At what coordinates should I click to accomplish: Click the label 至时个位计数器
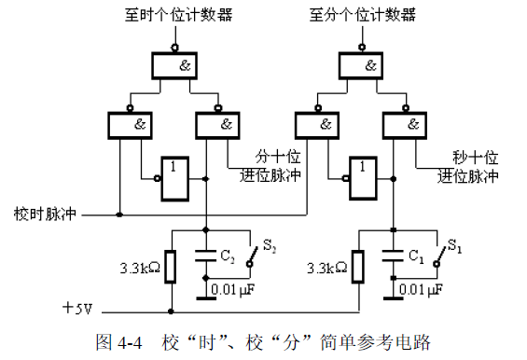pyautogui.click(x=177, y=15)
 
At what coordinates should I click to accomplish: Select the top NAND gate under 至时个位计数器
pyautogui.click(x=179, y=65)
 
